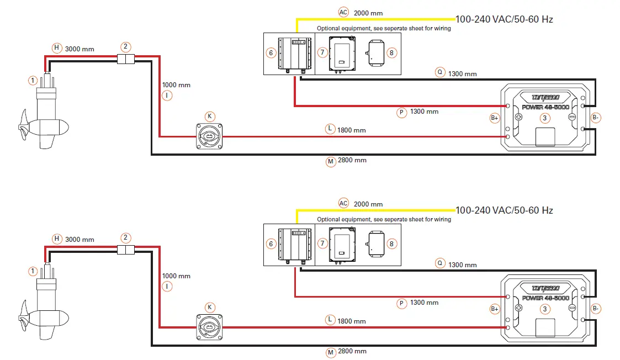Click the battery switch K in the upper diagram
tap(209, 136)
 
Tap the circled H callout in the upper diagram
tap(56, 48)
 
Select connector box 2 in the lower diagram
tap(126, 250)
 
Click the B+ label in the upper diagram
tap(495, 118)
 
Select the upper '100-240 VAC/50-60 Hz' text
tap(504, 19)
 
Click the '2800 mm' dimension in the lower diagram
tap(352, 351)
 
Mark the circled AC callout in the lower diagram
tap(343, 203)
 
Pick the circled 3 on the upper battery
tap(544, 118)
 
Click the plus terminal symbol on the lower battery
tap(518, 308)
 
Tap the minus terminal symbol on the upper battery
tap(572, 117)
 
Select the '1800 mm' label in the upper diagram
tap(352, 130)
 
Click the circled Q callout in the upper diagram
tap(439, 72)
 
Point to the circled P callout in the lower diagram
tap(401, 303)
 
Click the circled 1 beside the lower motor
tap(33, 271)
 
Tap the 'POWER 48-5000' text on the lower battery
tap(545, 298)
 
